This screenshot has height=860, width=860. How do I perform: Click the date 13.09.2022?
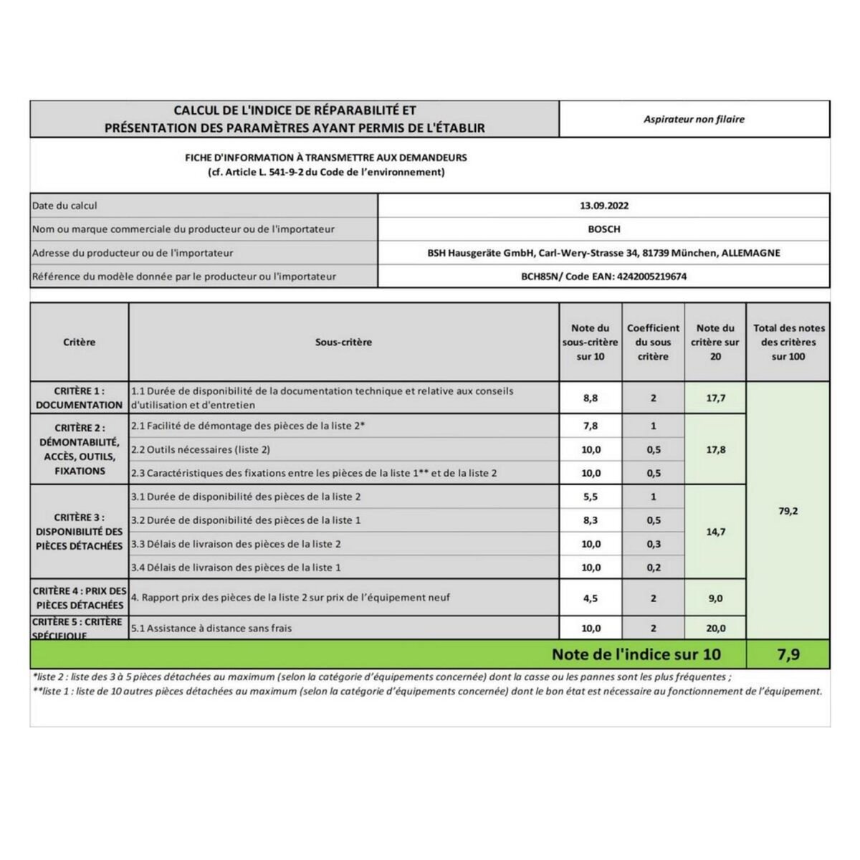603,206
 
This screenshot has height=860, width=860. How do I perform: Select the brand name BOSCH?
603,229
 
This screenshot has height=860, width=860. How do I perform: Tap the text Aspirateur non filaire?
694,119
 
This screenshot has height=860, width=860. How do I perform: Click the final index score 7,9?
788,654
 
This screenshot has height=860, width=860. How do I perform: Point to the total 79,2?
788,511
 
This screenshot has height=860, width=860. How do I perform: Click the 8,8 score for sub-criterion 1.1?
591,398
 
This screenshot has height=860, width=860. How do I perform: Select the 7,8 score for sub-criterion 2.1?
591,426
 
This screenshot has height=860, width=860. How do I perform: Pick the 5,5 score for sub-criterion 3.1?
591,497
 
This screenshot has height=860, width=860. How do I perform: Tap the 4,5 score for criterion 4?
591,598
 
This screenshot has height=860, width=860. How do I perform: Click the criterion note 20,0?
715,629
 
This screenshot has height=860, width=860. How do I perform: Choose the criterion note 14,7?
715,532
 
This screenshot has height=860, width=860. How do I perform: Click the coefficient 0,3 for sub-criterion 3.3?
653,544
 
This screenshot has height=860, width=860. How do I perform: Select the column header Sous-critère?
343,343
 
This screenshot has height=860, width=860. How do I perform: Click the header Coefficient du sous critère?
653,342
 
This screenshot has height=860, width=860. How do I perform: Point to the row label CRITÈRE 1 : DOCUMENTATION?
79,398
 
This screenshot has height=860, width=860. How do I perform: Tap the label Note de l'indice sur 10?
636,654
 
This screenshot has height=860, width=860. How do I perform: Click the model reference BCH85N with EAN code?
603,276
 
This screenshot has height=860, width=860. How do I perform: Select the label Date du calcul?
64,206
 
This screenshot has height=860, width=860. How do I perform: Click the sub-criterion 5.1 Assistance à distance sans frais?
211,629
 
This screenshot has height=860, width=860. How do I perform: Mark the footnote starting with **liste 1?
427,692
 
